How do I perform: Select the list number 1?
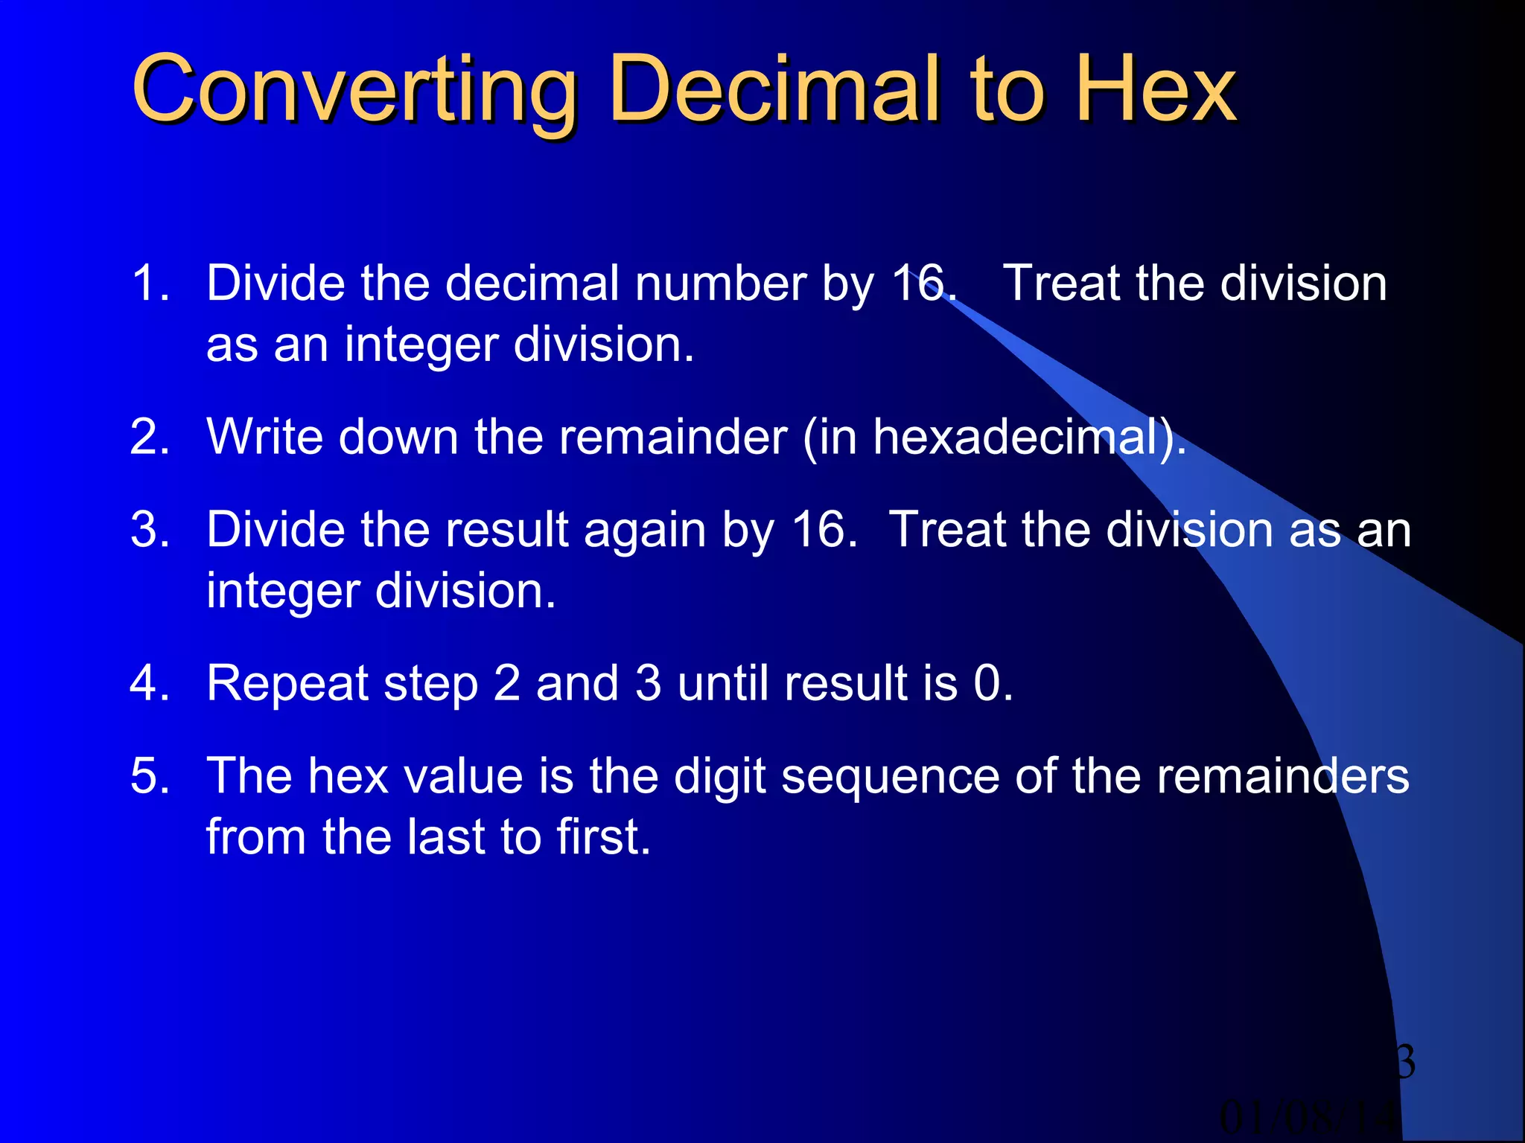pyautogui.click(x=150, y=284)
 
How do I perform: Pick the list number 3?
pyautogui.click(x=150, y=530)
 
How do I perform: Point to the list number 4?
pyautogui.click(x=150, y=682)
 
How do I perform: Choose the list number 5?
pyautogui.click(x=150, y=776)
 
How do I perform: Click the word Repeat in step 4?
pyautogui.click(x=287, y=684)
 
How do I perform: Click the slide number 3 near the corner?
pyautogui.click(x=1404, y=1062)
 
